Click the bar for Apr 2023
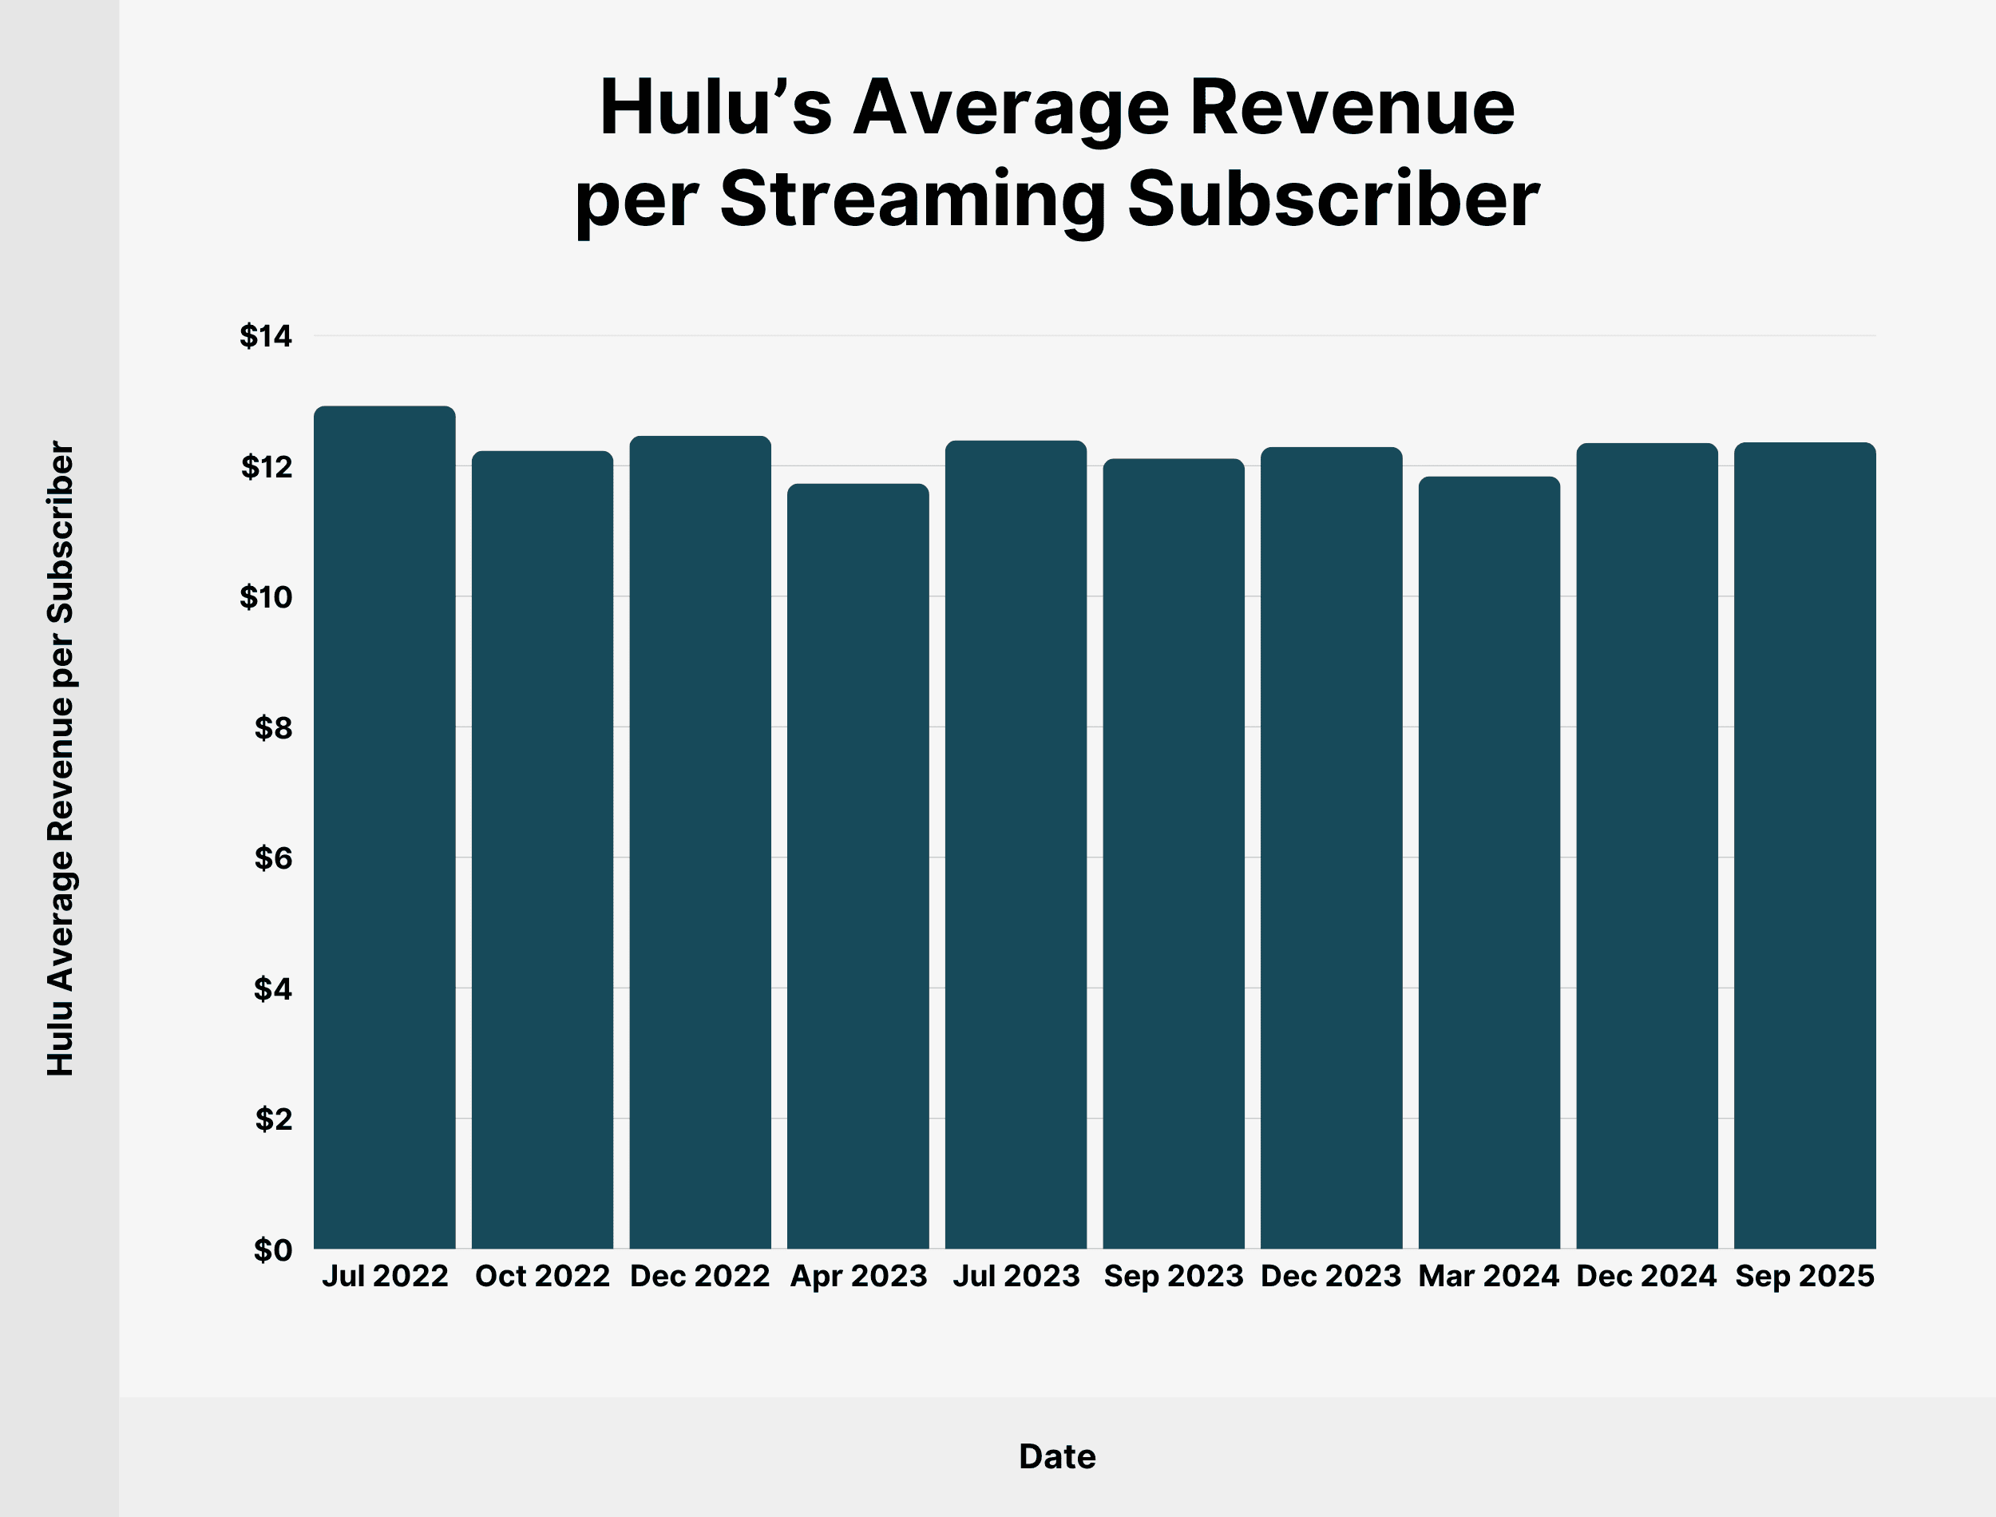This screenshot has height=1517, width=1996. [x=857, y=866]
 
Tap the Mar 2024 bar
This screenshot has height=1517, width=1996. [x=1489, y=862]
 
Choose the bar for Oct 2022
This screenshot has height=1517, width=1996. [x=543, y=850]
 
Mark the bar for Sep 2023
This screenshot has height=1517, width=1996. [x=1174, y=854]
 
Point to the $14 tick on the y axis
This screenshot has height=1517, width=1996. [x=267, y=337]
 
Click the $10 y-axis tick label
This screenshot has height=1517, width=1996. [x=267, y=597]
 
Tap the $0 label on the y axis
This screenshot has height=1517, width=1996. [x=272, y=1250]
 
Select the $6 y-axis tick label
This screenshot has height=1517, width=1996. [x=272, y=858]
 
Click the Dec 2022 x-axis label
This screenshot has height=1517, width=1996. [x=699, y=1276]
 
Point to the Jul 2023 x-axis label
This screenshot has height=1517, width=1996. [x=1016, y=1276]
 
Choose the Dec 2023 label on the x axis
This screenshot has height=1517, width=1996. [x=1331, y=1276]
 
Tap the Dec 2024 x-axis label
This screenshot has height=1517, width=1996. [x=1646, y=1276]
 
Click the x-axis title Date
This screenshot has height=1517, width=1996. [x=1057, y=1456]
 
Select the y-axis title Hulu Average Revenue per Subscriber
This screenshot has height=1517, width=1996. [x=61, y=758]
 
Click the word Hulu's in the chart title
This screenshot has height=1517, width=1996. [x=715, y=108]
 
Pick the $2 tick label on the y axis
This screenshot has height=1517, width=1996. [x=272, y=1119]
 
